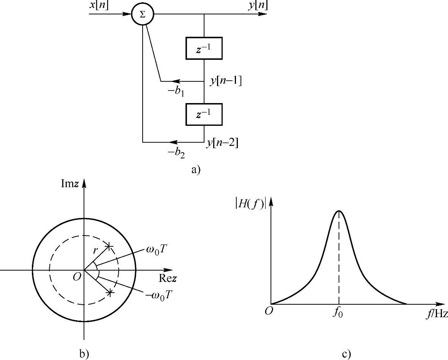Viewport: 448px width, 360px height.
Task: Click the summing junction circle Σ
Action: coord(142,15)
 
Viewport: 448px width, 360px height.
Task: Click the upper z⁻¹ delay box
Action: coord(204,48)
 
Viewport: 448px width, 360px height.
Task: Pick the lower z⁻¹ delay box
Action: coord(204,114)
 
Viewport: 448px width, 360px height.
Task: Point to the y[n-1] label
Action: coord(226,81)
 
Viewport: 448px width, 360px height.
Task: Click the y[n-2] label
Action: coord(223,143)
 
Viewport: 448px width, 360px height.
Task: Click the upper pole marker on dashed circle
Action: coord(109,247)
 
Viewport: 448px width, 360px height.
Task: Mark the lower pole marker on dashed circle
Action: coord(110,293)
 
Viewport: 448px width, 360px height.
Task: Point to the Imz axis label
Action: coord(71,184)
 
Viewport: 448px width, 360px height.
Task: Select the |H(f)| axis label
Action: coord(249,203)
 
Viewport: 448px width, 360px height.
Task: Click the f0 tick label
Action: coord(338,315)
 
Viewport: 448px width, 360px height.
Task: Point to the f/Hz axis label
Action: coord(435,314)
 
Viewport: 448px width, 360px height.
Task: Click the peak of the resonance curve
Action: coord(339,211)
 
